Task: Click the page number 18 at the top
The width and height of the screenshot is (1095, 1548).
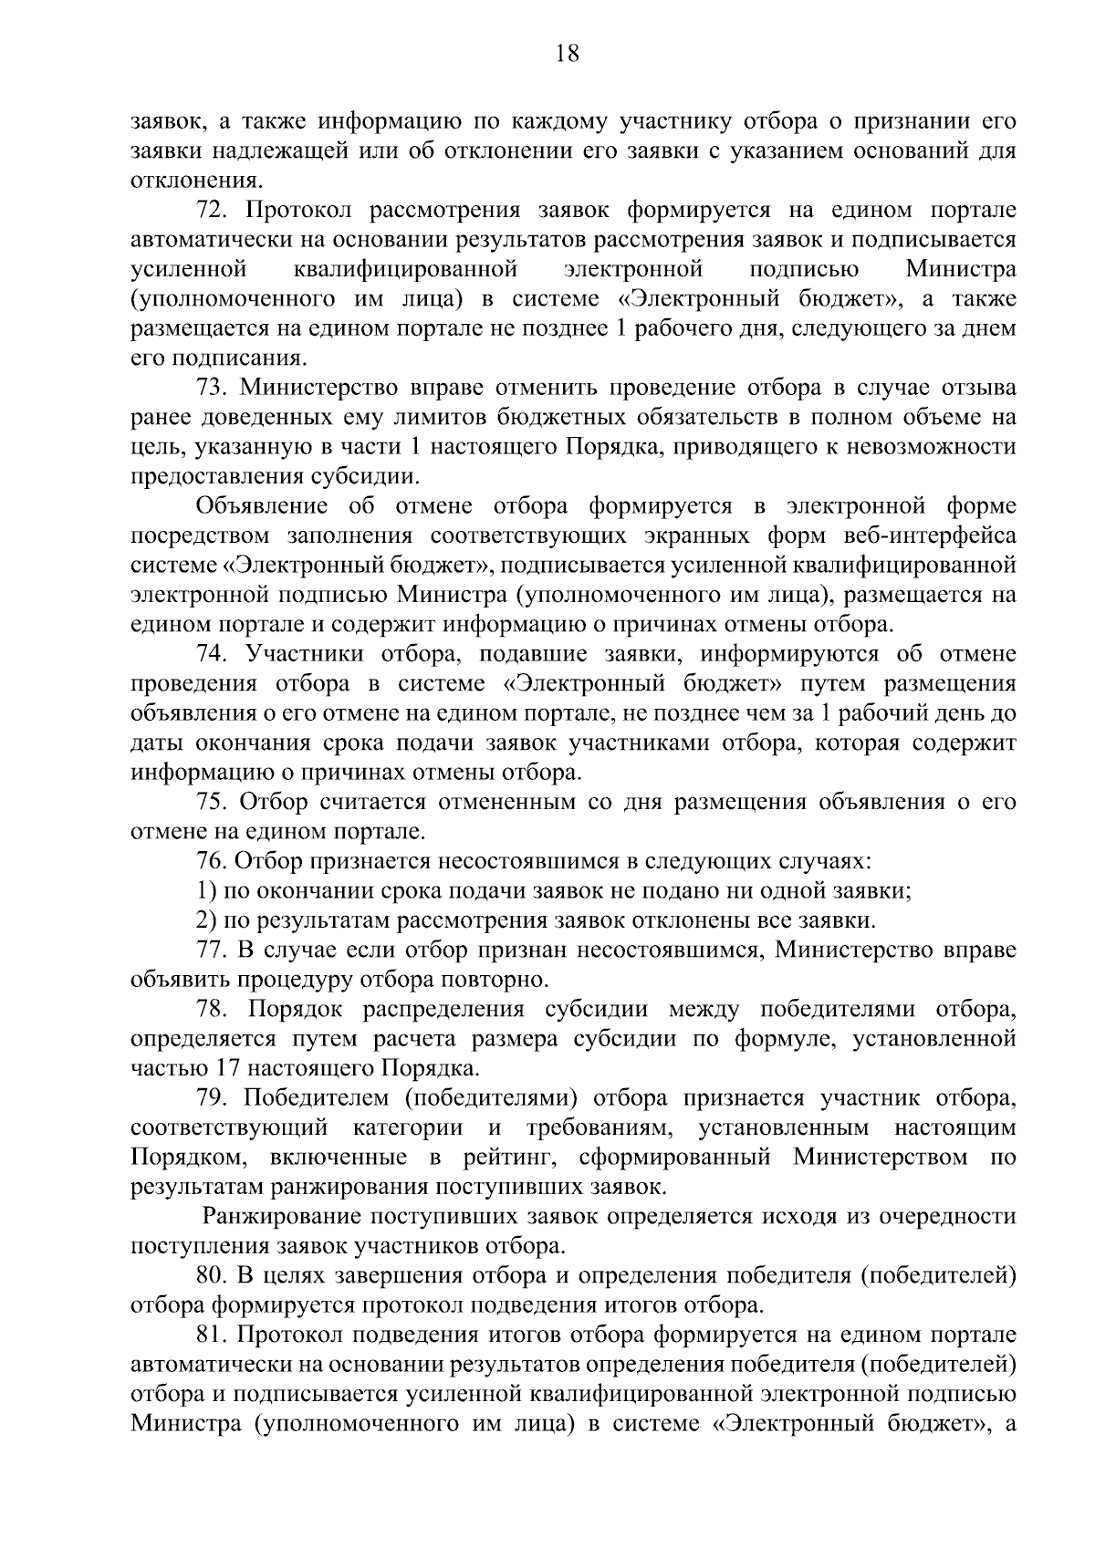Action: (x=567, y=54)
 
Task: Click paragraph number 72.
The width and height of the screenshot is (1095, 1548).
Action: (x=212, y=212)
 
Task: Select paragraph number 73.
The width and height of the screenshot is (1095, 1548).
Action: (x=212, y=389)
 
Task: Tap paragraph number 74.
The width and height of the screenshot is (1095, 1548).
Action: (x=212, y=655)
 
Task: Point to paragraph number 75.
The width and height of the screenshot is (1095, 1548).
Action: (x=212, y=803)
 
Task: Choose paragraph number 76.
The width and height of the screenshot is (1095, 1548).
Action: (x=212, y=861)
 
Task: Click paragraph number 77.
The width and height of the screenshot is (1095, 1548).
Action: (x=212, y=951)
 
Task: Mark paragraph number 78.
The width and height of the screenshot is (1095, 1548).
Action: (x=212, y=1010)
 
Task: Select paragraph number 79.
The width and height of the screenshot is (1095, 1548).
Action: (x=212, y=1098)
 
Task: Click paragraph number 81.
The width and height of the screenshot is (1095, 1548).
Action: (x=212, y=1335)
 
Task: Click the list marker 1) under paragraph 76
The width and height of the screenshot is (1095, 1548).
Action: (x=205, y=891)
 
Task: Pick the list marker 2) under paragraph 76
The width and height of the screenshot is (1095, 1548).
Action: (x=205, y=920)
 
